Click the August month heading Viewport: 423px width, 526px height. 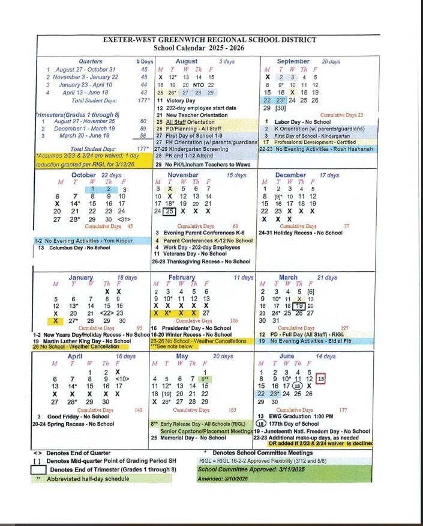click(186, 61)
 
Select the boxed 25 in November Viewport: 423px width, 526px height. click(170, 211)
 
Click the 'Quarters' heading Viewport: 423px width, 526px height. click(90, 61)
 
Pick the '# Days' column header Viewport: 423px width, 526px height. click(145, 61)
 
